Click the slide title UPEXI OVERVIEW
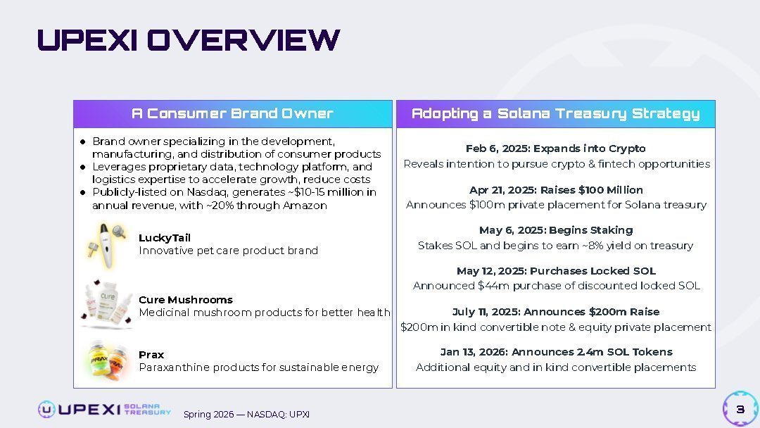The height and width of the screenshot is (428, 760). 189,39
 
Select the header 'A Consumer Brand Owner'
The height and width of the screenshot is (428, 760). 233,113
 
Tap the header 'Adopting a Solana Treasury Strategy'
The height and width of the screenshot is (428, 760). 555,113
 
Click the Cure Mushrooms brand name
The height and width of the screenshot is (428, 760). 186,300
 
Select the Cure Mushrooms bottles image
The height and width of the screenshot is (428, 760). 107,304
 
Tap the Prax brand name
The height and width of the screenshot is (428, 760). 151,354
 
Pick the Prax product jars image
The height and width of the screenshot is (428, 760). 108,360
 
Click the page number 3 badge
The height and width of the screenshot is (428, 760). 740,409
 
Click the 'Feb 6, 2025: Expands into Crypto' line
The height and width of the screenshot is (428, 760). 555,149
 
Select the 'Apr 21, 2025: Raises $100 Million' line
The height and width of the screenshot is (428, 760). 556,189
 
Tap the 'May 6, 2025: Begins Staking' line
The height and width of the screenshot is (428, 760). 556,229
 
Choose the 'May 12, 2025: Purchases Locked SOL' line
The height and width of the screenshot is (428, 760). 556,270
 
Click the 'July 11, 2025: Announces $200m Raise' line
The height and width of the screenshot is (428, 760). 556,311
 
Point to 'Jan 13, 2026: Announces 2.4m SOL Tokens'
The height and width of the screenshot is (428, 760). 556,351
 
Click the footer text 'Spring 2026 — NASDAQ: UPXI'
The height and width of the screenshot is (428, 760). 246,415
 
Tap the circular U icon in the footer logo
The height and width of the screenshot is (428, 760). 46,410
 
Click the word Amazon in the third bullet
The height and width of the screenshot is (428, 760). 305,205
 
